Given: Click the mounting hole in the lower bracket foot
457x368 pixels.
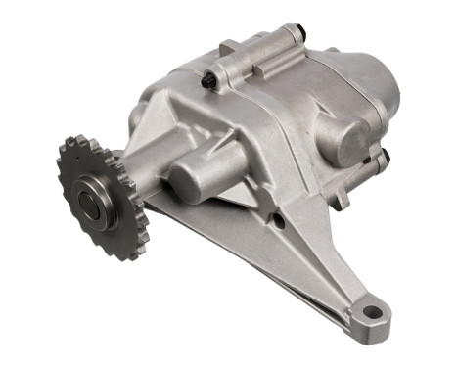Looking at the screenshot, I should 369,313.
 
